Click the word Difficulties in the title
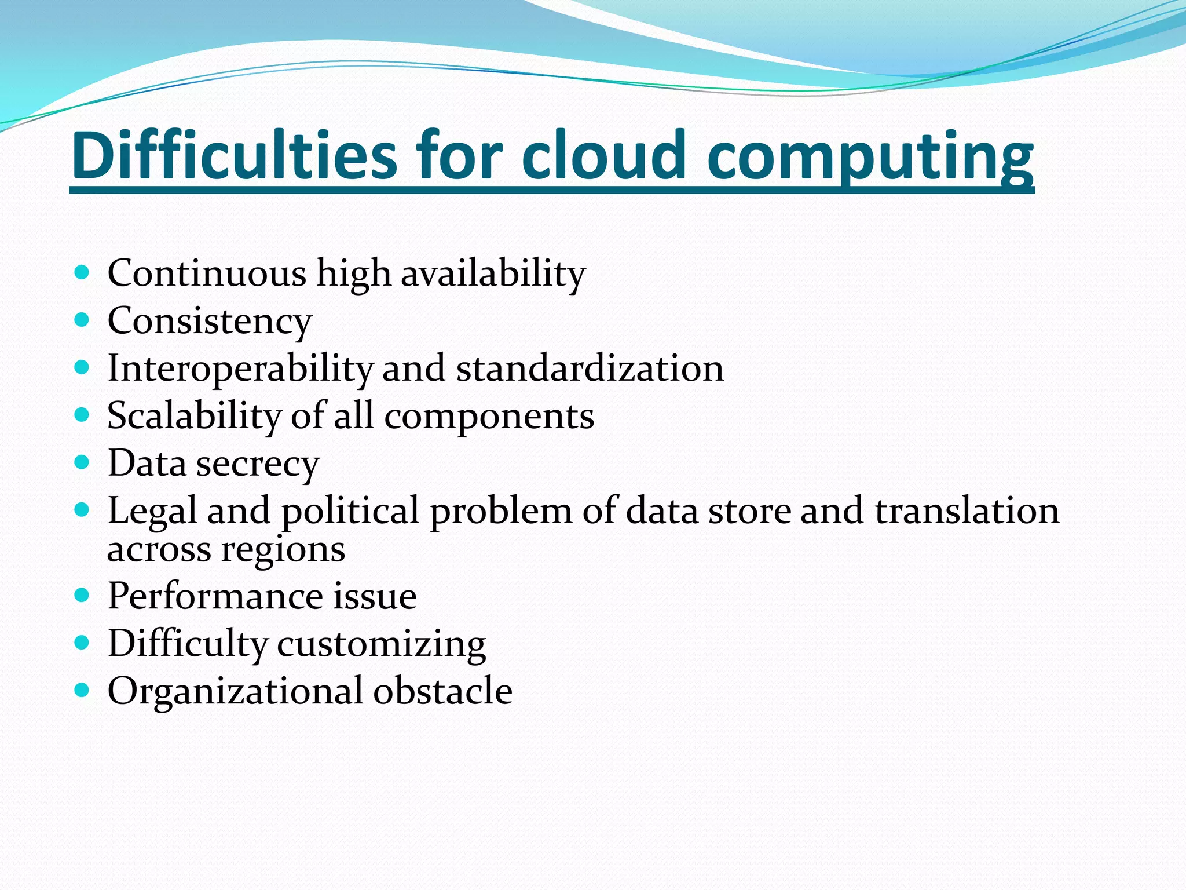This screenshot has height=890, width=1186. coord(235,155)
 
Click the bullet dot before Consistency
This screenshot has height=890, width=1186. coord(82,319)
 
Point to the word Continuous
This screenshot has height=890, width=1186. coord(207,273)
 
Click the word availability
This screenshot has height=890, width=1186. coord(493,274)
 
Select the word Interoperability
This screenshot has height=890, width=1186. coord(240,369)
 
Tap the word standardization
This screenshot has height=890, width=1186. coord(590,368)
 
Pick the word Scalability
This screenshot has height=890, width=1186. coord(194,416)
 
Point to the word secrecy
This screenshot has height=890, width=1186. coord(258,464)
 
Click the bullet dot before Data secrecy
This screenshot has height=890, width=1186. coord(82,462)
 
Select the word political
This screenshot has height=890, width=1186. coord(350,511)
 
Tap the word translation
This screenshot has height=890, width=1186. coord(967,511)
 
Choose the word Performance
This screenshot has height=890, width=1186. coord(215,596)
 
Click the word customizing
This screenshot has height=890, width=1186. coord(382,644)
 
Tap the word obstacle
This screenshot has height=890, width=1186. coord(443,691)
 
